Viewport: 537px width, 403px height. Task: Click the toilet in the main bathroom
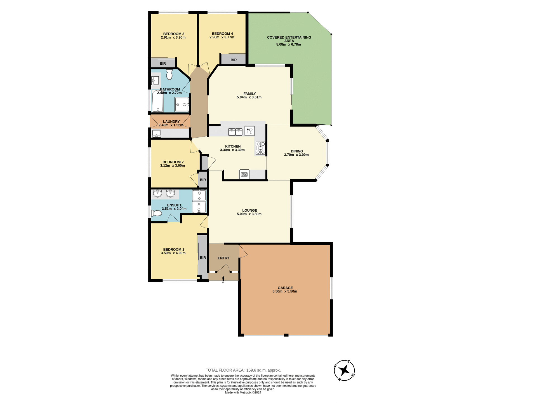[169, 75]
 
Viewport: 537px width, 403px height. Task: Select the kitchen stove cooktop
[260, 148]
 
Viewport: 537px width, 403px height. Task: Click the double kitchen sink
[235, 132]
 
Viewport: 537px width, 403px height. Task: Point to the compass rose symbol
[344, 370]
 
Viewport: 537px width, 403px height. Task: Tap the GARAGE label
[285, 288]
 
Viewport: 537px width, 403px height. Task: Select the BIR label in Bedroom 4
[234, 60]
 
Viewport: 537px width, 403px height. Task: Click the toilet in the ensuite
[156, 214]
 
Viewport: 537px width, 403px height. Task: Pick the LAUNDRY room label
[171, 121]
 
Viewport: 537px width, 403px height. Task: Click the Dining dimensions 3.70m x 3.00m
[296, 155]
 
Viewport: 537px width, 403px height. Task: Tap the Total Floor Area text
[243, 370]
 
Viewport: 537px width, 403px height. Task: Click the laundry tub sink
[156, 134]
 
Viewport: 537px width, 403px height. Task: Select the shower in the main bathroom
[182, 105]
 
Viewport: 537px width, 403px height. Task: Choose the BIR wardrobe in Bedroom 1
[202, 257]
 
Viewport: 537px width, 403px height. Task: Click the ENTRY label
[223, 258]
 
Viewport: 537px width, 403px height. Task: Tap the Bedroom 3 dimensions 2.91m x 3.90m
[173, 38]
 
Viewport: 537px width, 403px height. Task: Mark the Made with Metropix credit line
[243, 393]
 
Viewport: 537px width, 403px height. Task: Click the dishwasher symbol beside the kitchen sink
[249, 131]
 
